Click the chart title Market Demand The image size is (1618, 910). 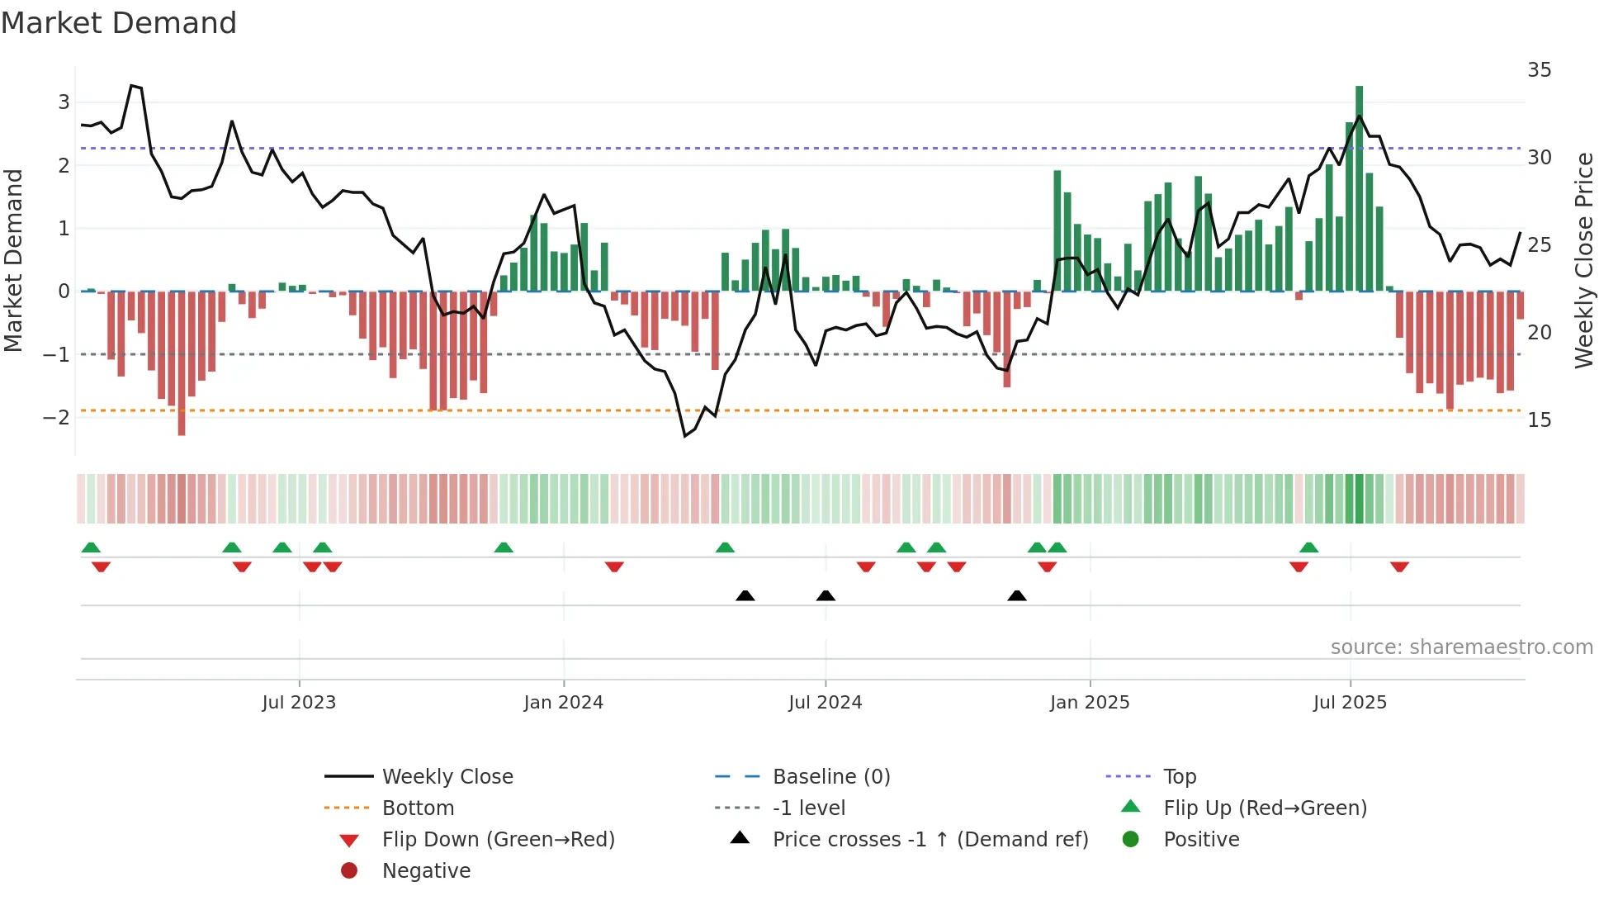click(119, 23)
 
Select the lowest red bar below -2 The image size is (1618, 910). click(182, 363)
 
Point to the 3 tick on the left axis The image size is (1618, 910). click(64, 102)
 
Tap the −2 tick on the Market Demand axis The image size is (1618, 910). click(57, 417)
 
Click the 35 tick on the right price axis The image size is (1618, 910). click(1539, 70)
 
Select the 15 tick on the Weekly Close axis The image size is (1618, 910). click(1539, 420)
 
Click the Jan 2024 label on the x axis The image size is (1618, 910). click(563, 703)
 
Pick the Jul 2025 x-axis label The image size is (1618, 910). click(1350, 703)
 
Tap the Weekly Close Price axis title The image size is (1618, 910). click(1583, 260)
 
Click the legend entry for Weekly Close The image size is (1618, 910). click(447, 777)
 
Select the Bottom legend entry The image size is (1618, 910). click(418, 808)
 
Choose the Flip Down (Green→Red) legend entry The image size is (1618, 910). click(498, 840)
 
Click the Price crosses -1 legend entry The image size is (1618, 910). click(930, 840)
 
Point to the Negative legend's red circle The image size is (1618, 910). click(349, 871)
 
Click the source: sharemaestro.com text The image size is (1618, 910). click(1461, 647)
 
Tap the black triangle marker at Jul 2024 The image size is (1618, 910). click(826, 595)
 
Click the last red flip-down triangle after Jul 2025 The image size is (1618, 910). click(1399, 566)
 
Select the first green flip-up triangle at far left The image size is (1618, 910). click(91, 547)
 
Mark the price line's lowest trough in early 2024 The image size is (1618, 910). click(685, 435)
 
